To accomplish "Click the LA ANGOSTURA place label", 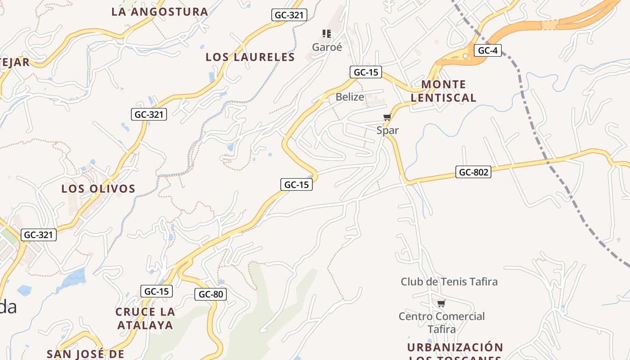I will click(x=160, y=12).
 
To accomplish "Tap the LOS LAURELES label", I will click(x=250, y=57).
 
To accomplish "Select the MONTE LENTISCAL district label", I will click(x=443, y=91).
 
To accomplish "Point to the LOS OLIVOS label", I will click(x=99, y=189).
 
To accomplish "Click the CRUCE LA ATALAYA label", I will click(x=145, y=318).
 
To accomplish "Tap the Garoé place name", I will click(x=327, y=47).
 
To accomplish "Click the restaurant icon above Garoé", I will click(x=327, y=33).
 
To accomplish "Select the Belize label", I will click(x=350, y=97).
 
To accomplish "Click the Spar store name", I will click(x=387, y=130).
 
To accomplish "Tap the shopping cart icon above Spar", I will click(x=387, y=117).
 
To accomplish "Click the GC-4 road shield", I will click(x=487, y=50).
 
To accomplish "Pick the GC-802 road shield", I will click(x=473, y=172).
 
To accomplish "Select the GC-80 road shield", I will click(x=211, y=294).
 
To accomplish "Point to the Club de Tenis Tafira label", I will click(x=449, y=282).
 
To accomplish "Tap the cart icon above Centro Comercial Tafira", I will click(x=441, y=304).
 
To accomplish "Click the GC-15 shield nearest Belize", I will click(x=366, y=72).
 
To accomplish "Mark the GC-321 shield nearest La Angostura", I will click(x=289, y=15).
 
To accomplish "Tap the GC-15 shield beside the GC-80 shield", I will click(x=157, y=291).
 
